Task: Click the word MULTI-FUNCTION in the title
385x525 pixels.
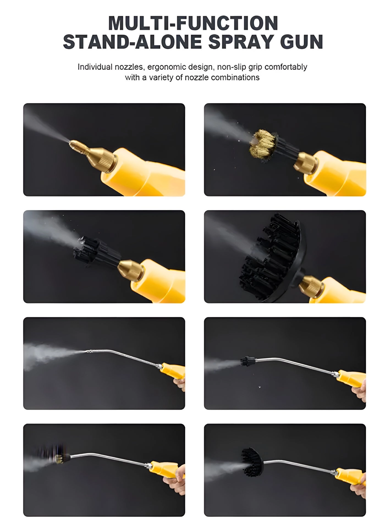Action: (193, 23)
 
